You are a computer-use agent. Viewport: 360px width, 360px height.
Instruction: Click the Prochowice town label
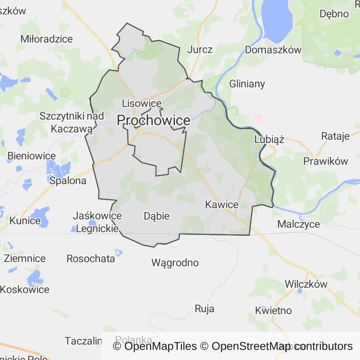coord(153,120)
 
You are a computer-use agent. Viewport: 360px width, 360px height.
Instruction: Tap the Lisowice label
coord(142,104)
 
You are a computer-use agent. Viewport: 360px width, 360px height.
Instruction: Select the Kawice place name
coord(222,205)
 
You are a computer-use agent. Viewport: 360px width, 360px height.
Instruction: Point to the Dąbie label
coord(157,216)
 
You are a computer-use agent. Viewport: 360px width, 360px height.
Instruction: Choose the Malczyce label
coord(299,224)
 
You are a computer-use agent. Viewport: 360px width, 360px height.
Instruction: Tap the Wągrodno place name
coord(175,262)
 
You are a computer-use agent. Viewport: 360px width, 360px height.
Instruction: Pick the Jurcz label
coord(200,50)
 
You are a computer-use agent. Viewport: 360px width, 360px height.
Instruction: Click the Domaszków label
coord(273,50)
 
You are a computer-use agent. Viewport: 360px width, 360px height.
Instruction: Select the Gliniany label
coord(247,84)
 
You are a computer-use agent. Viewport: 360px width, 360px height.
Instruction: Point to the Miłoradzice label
coord(47,39)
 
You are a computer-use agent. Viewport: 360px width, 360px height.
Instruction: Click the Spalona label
coord(68,180)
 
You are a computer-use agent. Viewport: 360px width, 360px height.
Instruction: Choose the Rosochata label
coord(90,258)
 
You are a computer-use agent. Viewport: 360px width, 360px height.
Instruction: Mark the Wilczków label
coord(306,284)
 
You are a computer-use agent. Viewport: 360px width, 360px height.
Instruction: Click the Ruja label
coord(204,308)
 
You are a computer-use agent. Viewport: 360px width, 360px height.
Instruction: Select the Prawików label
coord(326,161)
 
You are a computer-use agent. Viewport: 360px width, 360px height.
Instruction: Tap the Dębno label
coord(334,14)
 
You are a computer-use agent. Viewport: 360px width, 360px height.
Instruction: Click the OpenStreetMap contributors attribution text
coord(282,346)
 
